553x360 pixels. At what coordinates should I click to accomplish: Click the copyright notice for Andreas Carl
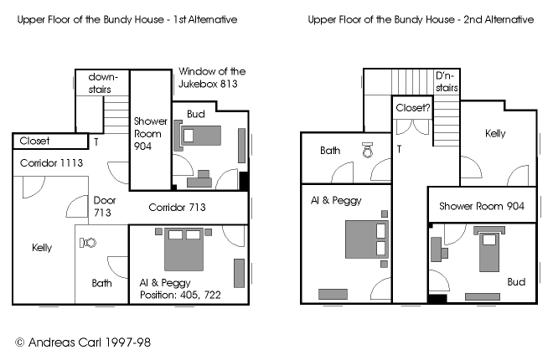[83, 342]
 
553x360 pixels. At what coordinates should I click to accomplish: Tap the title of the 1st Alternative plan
[127, 19]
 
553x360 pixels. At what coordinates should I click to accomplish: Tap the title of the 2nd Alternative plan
[421, 19]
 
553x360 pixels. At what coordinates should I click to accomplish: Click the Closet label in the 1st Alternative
[34, 141]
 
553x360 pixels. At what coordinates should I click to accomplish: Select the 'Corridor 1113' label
[51, 162]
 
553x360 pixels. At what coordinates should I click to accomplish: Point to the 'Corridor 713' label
[177, 207]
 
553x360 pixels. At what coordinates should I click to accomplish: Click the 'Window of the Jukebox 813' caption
[212, 78]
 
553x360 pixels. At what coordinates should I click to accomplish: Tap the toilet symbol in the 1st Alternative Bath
[88, 243]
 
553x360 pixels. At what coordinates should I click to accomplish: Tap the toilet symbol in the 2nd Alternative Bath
[368, 150]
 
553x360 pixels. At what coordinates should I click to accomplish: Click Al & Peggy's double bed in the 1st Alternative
[183, 249]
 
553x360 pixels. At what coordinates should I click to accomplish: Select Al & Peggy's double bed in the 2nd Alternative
[367, 239]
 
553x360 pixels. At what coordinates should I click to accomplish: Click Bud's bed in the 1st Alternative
[201, 136]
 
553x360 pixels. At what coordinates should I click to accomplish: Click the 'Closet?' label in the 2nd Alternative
[413, 107]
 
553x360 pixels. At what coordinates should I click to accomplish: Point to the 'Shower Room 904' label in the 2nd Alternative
[482, 206]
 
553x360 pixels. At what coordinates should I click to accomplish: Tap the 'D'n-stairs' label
[447, 82]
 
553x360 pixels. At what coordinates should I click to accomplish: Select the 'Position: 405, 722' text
[180, 295]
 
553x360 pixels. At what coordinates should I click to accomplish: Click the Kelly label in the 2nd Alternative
[495, 133]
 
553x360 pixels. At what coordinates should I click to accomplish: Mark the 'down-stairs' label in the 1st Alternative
[102, 83]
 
